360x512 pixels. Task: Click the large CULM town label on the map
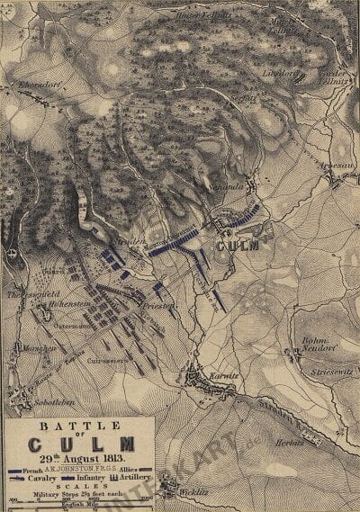tap(237, 245)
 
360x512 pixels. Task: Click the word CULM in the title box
tap(81, 444)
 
